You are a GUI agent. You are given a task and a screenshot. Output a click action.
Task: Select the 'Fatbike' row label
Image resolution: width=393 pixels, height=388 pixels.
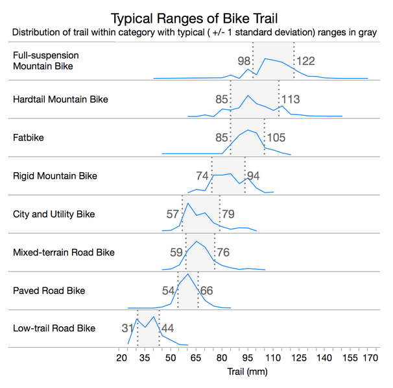coord(29,138)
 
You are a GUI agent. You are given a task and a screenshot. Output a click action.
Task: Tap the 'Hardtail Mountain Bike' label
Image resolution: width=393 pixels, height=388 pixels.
coord(60,99)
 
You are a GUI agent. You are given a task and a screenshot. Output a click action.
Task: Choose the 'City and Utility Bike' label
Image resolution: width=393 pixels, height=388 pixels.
coord(53,214)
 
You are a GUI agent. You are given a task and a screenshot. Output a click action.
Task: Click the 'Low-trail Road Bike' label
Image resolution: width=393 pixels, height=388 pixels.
coord(54,328)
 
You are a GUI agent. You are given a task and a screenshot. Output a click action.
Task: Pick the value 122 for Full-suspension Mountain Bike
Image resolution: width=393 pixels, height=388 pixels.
coord(305,61)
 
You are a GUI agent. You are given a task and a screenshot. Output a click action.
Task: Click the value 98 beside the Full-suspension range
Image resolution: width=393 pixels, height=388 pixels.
coord(244,61)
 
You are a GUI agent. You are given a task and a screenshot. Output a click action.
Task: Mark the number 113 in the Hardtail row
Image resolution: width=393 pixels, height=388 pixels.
coord(291,99)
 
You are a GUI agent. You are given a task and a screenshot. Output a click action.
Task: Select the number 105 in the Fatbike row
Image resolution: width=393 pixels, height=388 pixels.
coord(276,138)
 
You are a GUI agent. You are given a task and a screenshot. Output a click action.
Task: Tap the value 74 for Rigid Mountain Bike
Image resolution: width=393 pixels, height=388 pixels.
coord(202,175)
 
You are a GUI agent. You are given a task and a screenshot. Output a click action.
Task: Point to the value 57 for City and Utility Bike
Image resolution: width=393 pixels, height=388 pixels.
coord(173,214)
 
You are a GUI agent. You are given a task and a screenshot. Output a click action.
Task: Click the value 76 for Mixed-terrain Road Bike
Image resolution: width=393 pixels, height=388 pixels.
coord(223,252)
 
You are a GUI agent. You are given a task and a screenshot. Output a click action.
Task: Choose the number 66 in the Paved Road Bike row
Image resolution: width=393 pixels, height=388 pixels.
coord(206,291)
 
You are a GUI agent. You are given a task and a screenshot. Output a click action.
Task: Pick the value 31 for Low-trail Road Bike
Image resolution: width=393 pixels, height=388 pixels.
coord(127,328)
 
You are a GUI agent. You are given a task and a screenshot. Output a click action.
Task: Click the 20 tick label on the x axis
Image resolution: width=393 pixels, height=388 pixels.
coord(121,358)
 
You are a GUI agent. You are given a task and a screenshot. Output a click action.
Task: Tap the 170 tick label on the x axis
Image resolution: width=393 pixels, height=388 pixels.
coord(370,358)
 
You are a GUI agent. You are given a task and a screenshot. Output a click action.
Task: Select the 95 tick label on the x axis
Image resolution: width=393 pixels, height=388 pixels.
coord(246,358)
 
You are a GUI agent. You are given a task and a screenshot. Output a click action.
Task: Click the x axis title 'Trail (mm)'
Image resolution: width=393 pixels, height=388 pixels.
coord(247,372)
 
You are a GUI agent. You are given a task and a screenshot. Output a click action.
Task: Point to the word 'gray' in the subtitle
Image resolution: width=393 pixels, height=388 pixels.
coord(364,32)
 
